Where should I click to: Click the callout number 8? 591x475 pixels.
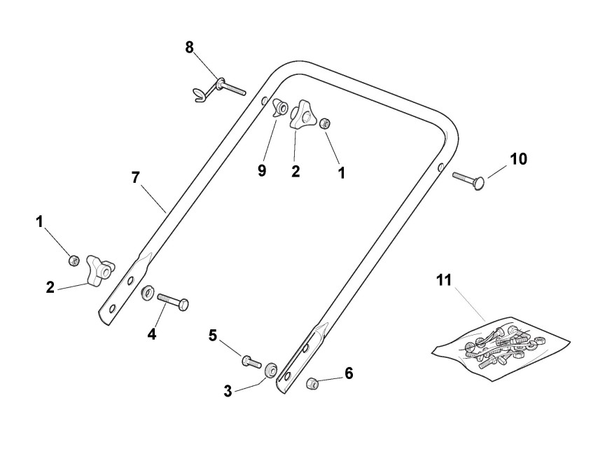tap(190, 47)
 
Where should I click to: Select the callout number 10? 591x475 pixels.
tap(518, 159)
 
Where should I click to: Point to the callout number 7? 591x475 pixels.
tap(136, 177)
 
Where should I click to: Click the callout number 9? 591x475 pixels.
tap(261, 171)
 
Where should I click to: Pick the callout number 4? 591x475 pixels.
tap(151, 334)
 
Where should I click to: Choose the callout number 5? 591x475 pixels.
tap(214, 336)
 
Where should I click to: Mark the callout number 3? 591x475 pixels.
tap(228, 391)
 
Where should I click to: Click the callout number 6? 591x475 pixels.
tap(348, 373)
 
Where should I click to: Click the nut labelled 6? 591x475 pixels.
tap(313, 383)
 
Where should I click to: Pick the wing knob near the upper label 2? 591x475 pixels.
tap(305, 116)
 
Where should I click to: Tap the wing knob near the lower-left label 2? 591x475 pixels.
tap(99, 270)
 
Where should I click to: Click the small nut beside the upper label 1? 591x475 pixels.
tap(325, 124)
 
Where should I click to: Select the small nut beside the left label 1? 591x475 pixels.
tap(73, 261)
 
